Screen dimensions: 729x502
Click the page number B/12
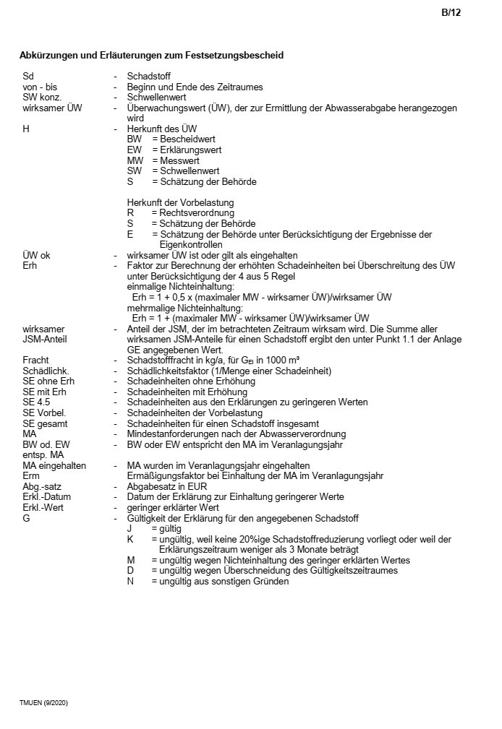(451, 12)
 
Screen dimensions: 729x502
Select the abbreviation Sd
(27, 76)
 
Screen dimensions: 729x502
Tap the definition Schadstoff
(148, 76)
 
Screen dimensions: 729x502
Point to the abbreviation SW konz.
(42, 97)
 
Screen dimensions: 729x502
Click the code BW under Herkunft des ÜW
(135, 139)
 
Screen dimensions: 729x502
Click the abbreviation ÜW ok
(36, 255)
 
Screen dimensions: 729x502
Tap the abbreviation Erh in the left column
(30, 266)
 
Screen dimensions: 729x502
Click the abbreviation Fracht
(36, 360)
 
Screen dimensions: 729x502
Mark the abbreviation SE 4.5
(36, 402)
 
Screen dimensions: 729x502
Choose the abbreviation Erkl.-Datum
(46, 496)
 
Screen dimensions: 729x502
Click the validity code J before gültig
(129, 528)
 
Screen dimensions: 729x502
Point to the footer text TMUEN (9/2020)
(43, 702)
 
